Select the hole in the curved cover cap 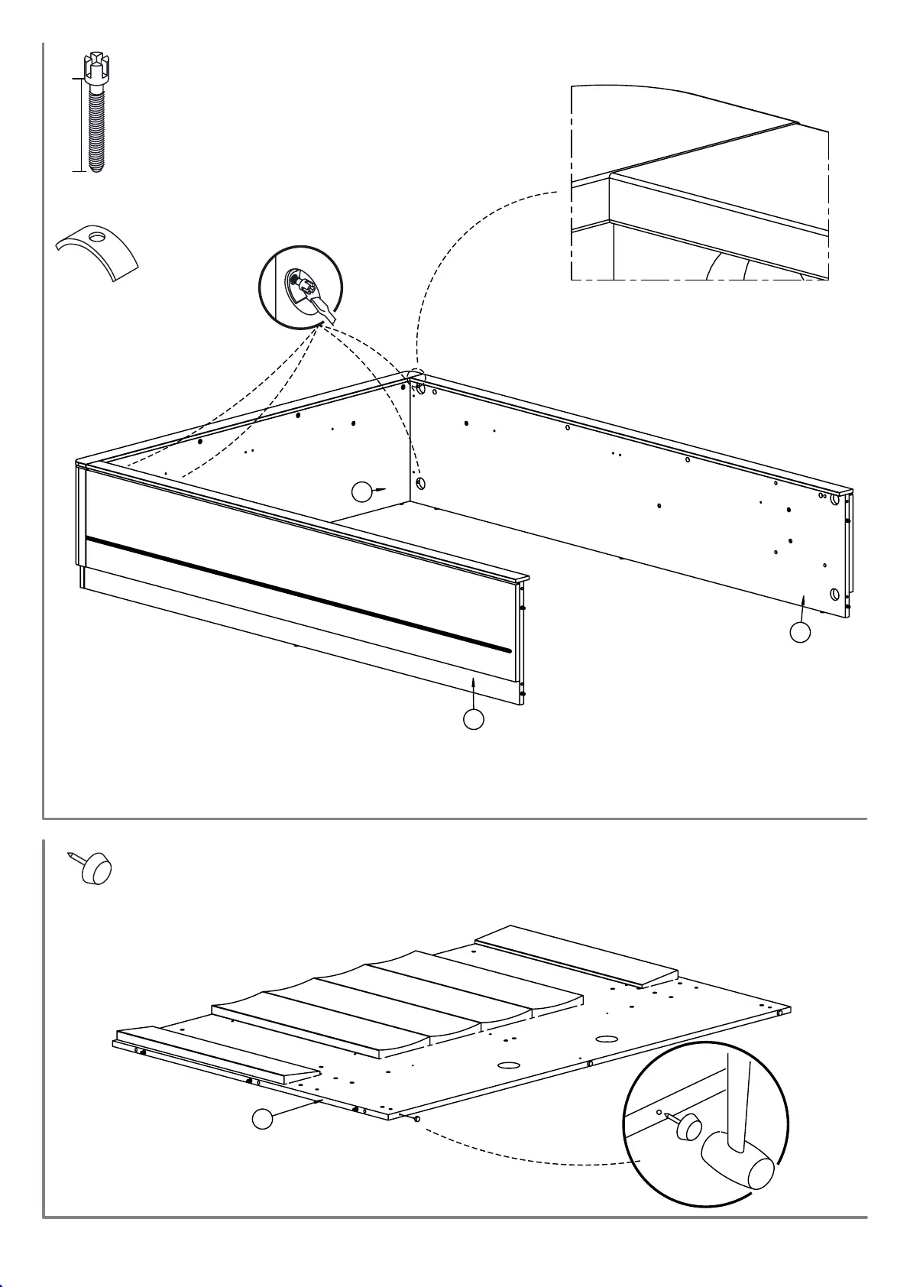[x=97, y=237]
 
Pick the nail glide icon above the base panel [x=94, y=869]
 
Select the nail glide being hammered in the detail [x=689, y=1126]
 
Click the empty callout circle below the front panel [x=474, y=719]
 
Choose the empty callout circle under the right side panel [x=800, y=632]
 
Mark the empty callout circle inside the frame [x=362, y=491]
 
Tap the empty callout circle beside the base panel [x=262, y=1119]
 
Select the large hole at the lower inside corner [x=420, y=484]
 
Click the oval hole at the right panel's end [x=835, y=594]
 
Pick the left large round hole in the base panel [x=508, y=1065]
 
